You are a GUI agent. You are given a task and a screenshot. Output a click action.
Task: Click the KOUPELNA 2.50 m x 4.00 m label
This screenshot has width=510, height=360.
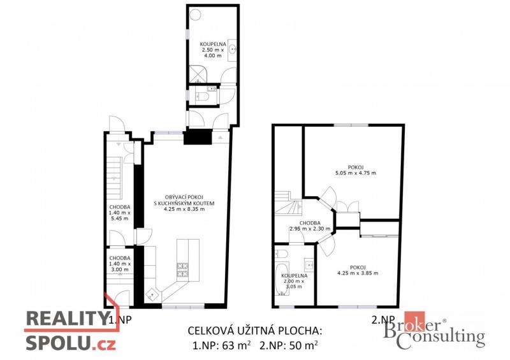tap(213, 50)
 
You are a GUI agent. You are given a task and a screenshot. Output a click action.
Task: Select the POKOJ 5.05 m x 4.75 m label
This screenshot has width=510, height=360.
tap(356, 170)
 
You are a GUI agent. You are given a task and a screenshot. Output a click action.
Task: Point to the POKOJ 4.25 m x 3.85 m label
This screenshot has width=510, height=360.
tap(358, 270)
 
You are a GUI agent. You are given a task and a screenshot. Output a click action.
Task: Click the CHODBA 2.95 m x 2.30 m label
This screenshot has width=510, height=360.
tap(310, 226)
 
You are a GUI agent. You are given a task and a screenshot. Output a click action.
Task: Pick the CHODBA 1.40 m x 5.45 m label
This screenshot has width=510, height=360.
tap(120, 213)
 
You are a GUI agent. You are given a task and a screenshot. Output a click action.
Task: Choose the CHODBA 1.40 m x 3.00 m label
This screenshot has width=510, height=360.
tap(120, 264)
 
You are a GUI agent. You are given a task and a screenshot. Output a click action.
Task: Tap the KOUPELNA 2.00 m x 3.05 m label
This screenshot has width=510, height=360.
tap(294, 281)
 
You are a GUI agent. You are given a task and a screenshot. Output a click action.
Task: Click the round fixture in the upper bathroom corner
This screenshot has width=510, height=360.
tap(195, 14)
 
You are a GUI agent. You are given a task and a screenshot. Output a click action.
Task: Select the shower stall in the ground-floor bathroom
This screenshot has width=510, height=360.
tap(198, 75)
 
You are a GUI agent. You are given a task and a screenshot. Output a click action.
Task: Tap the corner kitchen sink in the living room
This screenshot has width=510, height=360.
tap(152, 295)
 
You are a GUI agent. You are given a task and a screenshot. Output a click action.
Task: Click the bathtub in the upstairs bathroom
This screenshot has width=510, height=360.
tap(282, 278)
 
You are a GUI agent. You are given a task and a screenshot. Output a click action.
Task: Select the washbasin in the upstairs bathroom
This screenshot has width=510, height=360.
tap(309, 264)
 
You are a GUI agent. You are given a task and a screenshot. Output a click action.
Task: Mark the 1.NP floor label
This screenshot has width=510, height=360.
tap(120, 320)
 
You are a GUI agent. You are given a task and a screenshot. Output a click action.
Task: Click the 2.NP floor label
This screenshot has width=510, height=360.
tap(383, 320)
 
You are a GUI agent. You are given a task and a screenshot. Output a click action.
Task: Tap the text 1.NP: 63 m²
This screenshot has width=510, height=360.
tap(221, 345)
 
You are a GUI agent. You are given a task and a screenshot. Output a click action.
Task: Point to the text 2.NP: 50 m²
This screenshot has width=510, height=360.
tap(289, 345)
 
